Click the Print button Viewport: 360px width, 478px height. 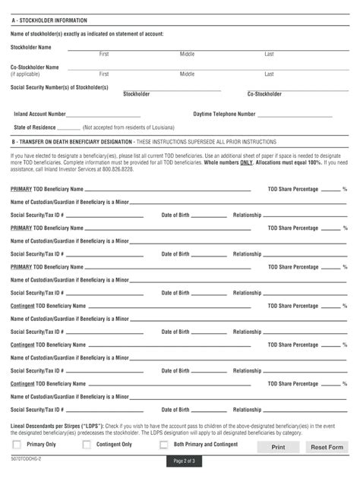coord(279,448)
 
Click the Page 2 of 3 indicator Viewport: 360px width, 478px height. coord(185,462)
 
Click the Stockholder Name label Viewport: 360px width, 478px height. coord(30,46)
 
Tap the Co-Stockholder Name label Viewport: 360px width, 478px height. coord(34,67)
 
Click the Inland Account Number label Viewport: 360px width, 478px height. coord(40,113)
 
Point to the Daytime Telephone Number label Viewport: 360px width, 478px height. coord(224,113)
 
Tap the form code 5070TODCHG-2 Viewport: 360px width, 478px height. coord(27,460)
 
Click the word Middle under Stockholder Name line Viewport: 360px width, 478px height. coord(187,54)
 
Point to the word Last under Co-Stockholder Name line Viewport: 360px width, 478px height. coord(269,74)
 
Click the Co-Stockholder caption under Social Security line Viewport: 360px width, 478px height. coord(264,94)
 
